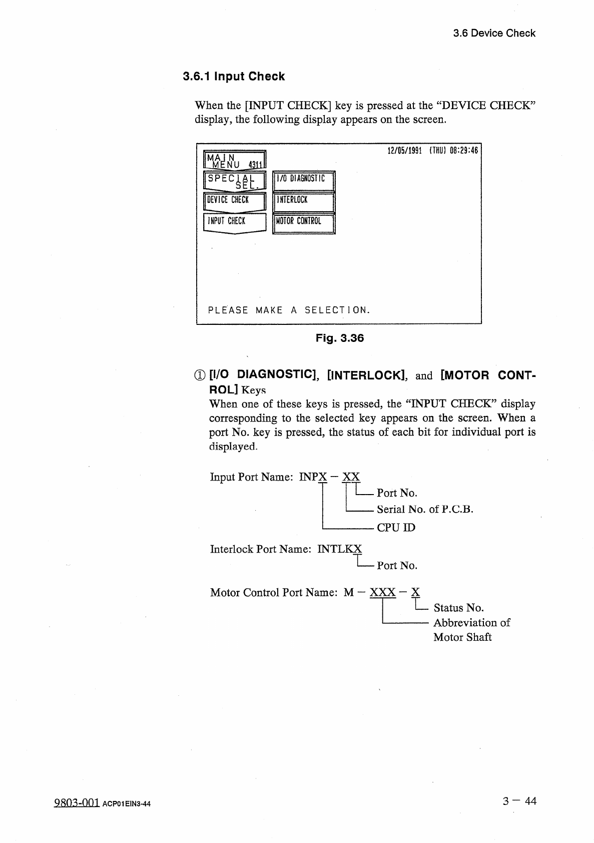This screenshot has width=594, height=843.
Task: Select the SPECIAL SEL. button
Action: (234, 181)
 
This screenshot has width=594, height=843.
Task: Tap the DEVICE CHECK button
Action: (234, 200)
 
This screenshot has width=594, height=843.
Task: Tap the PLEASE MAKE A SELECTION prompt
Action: (289, 310)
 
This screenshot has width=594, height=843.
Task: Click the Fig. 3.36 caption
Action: (339, 338)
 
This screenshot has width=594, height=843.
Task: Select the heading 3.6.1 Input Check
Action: (234, 77)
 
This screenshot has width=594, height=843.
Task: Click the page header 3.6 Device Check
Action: (494, 34)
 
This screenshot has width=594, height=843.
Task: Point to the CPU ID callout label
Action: (396, 528)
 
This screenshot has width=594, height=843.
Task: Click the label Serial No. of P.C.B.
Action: (425, 510)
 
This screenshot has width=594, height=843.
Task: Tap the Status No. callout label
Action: (458, 608)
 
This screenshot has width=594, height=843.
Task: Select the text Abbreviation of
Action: (471, 623)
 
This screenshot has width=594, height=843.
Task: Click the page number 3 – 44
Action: (519, 801)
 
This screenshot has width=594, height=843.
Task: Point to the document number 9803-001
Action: (77, 803)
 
